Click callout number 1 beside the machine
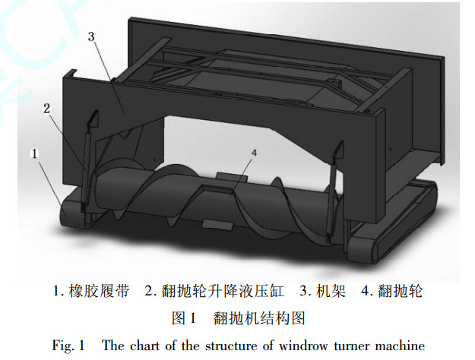click(x=34, y=153)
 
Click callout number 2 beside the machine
click(x=47, y=109)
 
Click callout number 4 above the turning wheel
click(x=253, y=153)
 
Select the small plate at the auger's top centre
click(x=225, y=176)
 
